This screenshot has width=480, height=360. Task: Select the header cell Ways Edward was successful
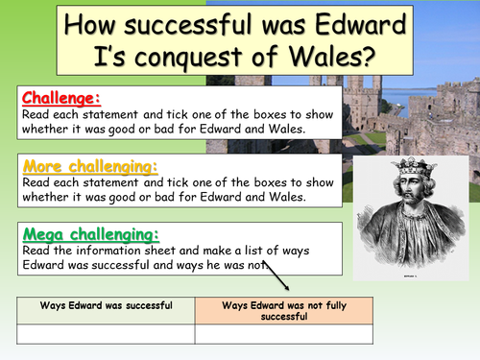point(106,306)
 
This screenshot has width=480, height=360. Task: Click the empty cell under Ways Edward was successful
point(106,334)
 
